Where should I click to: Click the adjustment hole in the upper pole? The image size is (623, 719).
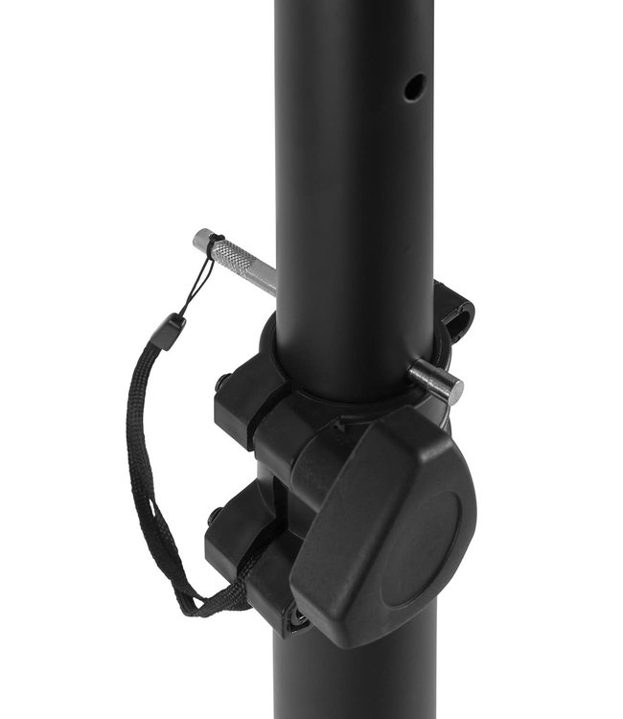(414, 88)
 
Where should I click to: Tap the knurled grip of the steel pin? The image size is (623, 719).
(232, 255)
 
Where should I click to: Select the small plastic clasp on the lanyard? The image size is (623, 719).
(171, 332)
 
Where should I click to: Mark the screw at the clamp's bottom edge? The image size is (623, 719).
(298, 618)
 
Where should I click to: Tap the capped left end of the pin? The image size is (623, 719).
(203, 240)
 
